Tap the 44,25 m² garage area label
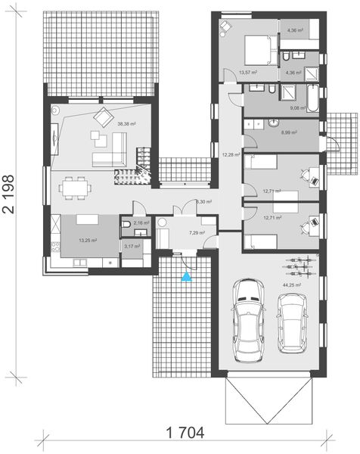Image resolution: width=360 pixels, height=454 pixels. tap(292, 285)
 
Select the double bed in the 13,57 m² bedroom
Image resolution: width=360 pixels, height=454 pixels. tap(258, 49)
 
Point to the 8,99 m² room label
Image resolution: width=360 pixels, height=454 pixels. tap(289, 132)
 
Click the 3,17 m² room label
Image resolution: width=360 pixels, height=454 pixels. tap(131, 246)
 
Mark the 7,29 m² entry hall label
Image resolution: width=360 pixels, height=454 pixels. tap(197, 233)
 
